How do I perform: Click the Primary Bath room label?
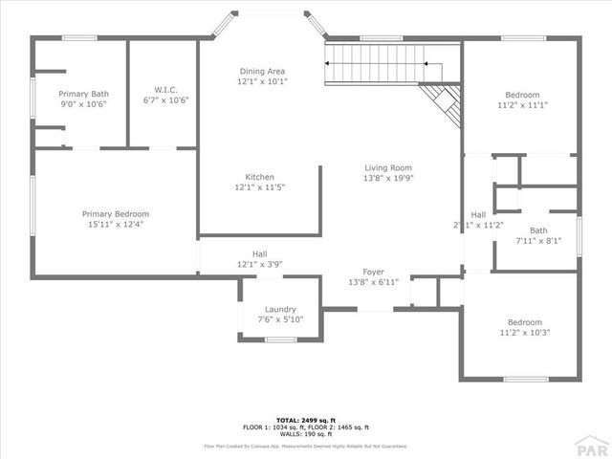(x=84, y=94)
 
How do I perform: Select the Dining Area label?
(x=262, y=71)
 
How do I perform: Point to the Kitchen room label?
(x=259, y=177)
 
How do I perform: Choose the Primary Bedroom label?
(x=115, y=214)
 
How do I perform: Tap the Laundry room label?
(x=280, y=309)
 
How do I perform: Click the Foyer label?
(x=373, y=273)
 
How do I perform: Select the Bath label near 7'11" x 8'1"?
(x=538, y=230)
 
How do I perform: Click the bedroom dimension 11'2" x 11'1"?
(x=523, y=106)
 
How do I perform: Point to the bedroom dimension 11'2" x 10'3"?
(x=524, y=333)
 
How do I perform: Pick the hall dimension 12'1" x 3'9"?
(x=259, y=264)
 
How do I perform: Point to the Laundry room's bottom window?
(x=280, y=339)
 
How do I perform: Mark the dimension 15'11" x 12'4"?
(x=115, y=225)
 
